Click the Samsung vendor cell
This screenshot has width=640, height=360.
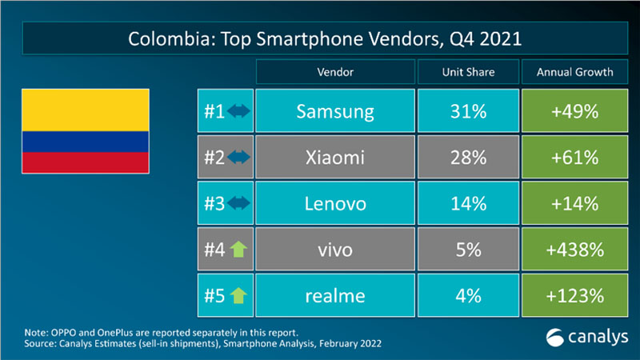[x=335, y=111]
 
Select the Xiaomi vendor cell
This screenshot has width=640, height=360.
[x=335, y=158]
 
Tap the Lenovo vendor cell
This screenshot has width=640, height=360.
[x=335, y=203]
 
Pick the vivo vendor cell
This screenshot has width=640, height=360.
[x=335, y=250]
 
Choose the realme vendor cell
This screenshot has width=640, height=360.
[x=335, y=296]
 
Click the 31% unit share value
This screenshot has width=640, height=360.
[x=468, y=111]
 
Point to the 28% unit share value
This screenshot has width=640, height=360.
[x=468, y=158]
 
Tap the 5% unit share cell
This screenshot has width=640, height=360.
[x=468, y=250]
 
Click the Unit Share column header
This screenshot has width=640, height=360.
[x=468, y=72]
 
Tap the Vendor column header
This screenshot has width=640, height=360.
[x=335, y=72]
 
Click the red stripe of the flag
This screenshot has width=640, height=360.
[x=85, y=163]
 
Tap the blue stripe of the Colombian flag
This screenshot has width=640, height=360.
[x=85, y=142]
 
